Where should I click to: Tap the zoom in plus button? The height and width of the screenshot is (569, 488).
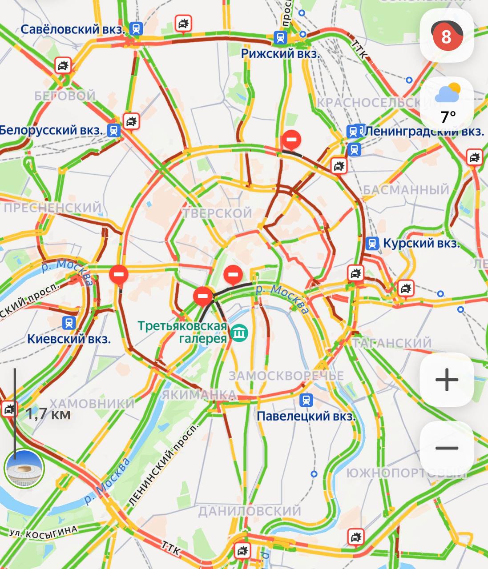[447, 380]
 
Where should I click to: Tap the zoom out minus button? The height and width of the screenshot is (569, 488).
[447, 448]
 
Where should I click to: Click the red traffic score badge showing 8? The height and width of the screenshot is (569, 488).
[447, 36]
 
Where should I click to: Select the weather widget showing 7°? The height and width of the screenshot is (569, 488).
[448, 103]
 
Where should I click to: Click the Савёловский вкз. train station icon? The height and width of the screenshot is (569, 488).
[136, 29]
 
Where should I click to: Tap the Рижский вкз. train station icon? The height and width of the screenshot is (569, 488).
[280, 38]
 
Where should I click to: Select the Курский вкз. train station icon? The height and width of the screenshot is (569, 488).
[372, 243]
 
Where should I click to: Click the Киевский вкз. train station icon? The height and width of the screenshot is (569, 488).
[69, 323]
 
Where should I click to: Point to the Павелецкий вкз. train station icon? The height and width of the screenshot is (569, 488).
[307, 400]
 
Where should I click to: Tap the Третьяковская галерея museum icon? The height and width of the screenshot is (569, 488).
[239, 332]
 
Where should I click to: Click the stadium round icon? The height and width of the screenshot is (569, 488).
[24, 468]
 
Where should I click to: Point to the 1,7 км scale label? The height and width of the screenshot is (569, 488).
[48, 414]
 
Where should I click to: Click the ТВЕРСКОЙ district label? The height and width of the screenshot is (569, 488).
[218, 213]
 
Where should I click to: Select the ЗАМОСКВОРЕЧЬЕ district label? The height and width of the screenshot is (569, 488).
[286, 376]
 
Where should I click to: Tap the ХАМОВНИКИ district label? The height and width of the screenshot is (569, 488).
[92, 404]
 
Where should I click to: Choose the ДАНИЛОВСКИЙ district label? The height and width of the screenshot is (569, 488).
[250, 511]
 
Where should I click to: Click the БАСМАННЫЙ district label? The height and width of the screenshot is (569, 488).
[406, 190]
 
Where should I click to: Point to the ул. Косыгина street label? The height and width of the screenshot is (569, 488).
[44, 531]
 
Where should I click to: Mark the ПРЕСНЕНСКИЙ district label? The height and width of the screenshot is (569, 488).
[52, 208]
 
